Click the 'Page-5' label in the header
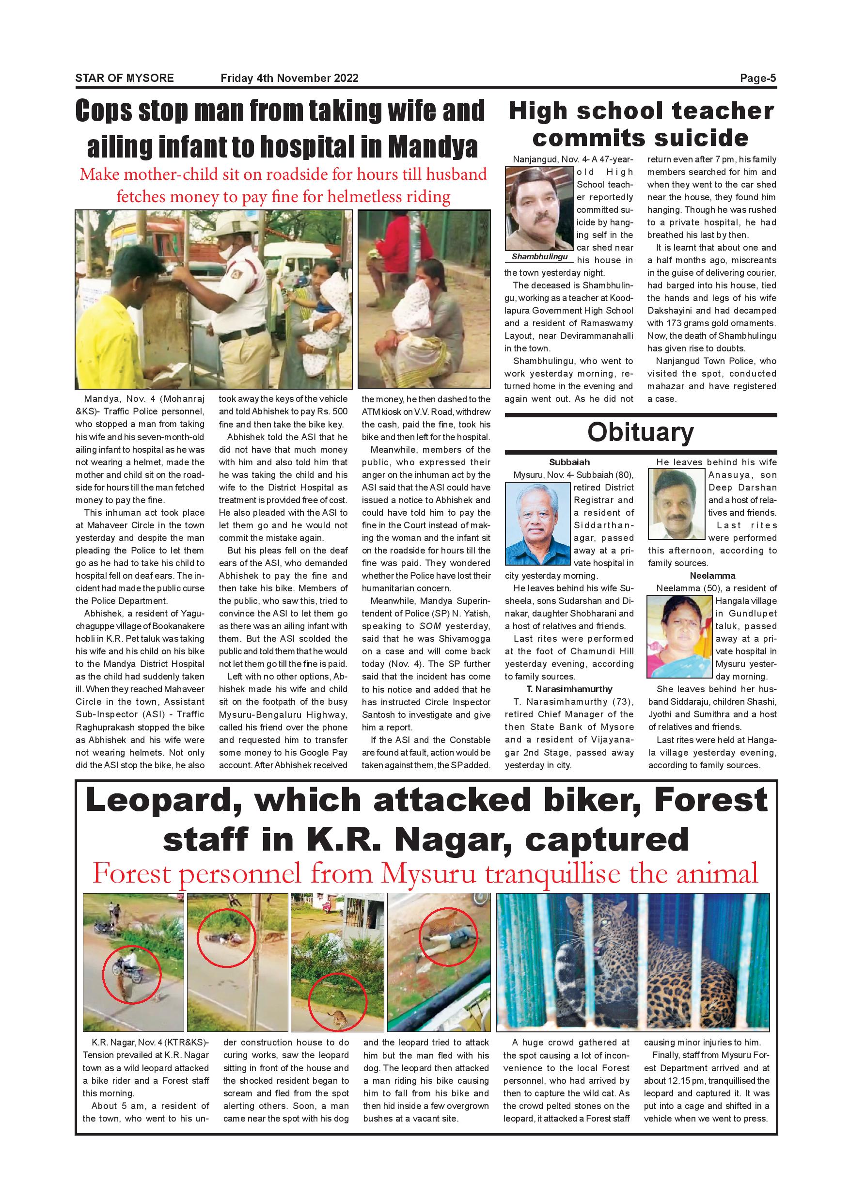point(757,79)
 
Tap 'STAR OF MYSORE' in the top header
point(125,79)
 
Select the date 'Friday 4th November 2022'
point(289,79)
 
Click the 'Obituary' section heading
point(640,432)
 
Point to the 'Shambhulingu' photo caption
point(540,256)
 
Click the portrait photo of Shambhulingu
point(540,208)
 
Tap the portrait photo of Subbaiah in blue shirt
point(538,523)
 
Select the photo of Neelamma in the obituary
point(679,638)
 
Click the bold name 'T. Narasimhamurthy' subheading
point(569,689)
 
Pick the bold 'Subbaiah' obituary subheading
point(569,462)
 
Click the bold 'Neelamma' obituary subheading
point(712,576)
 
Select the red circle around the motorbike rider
point(131,974)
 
